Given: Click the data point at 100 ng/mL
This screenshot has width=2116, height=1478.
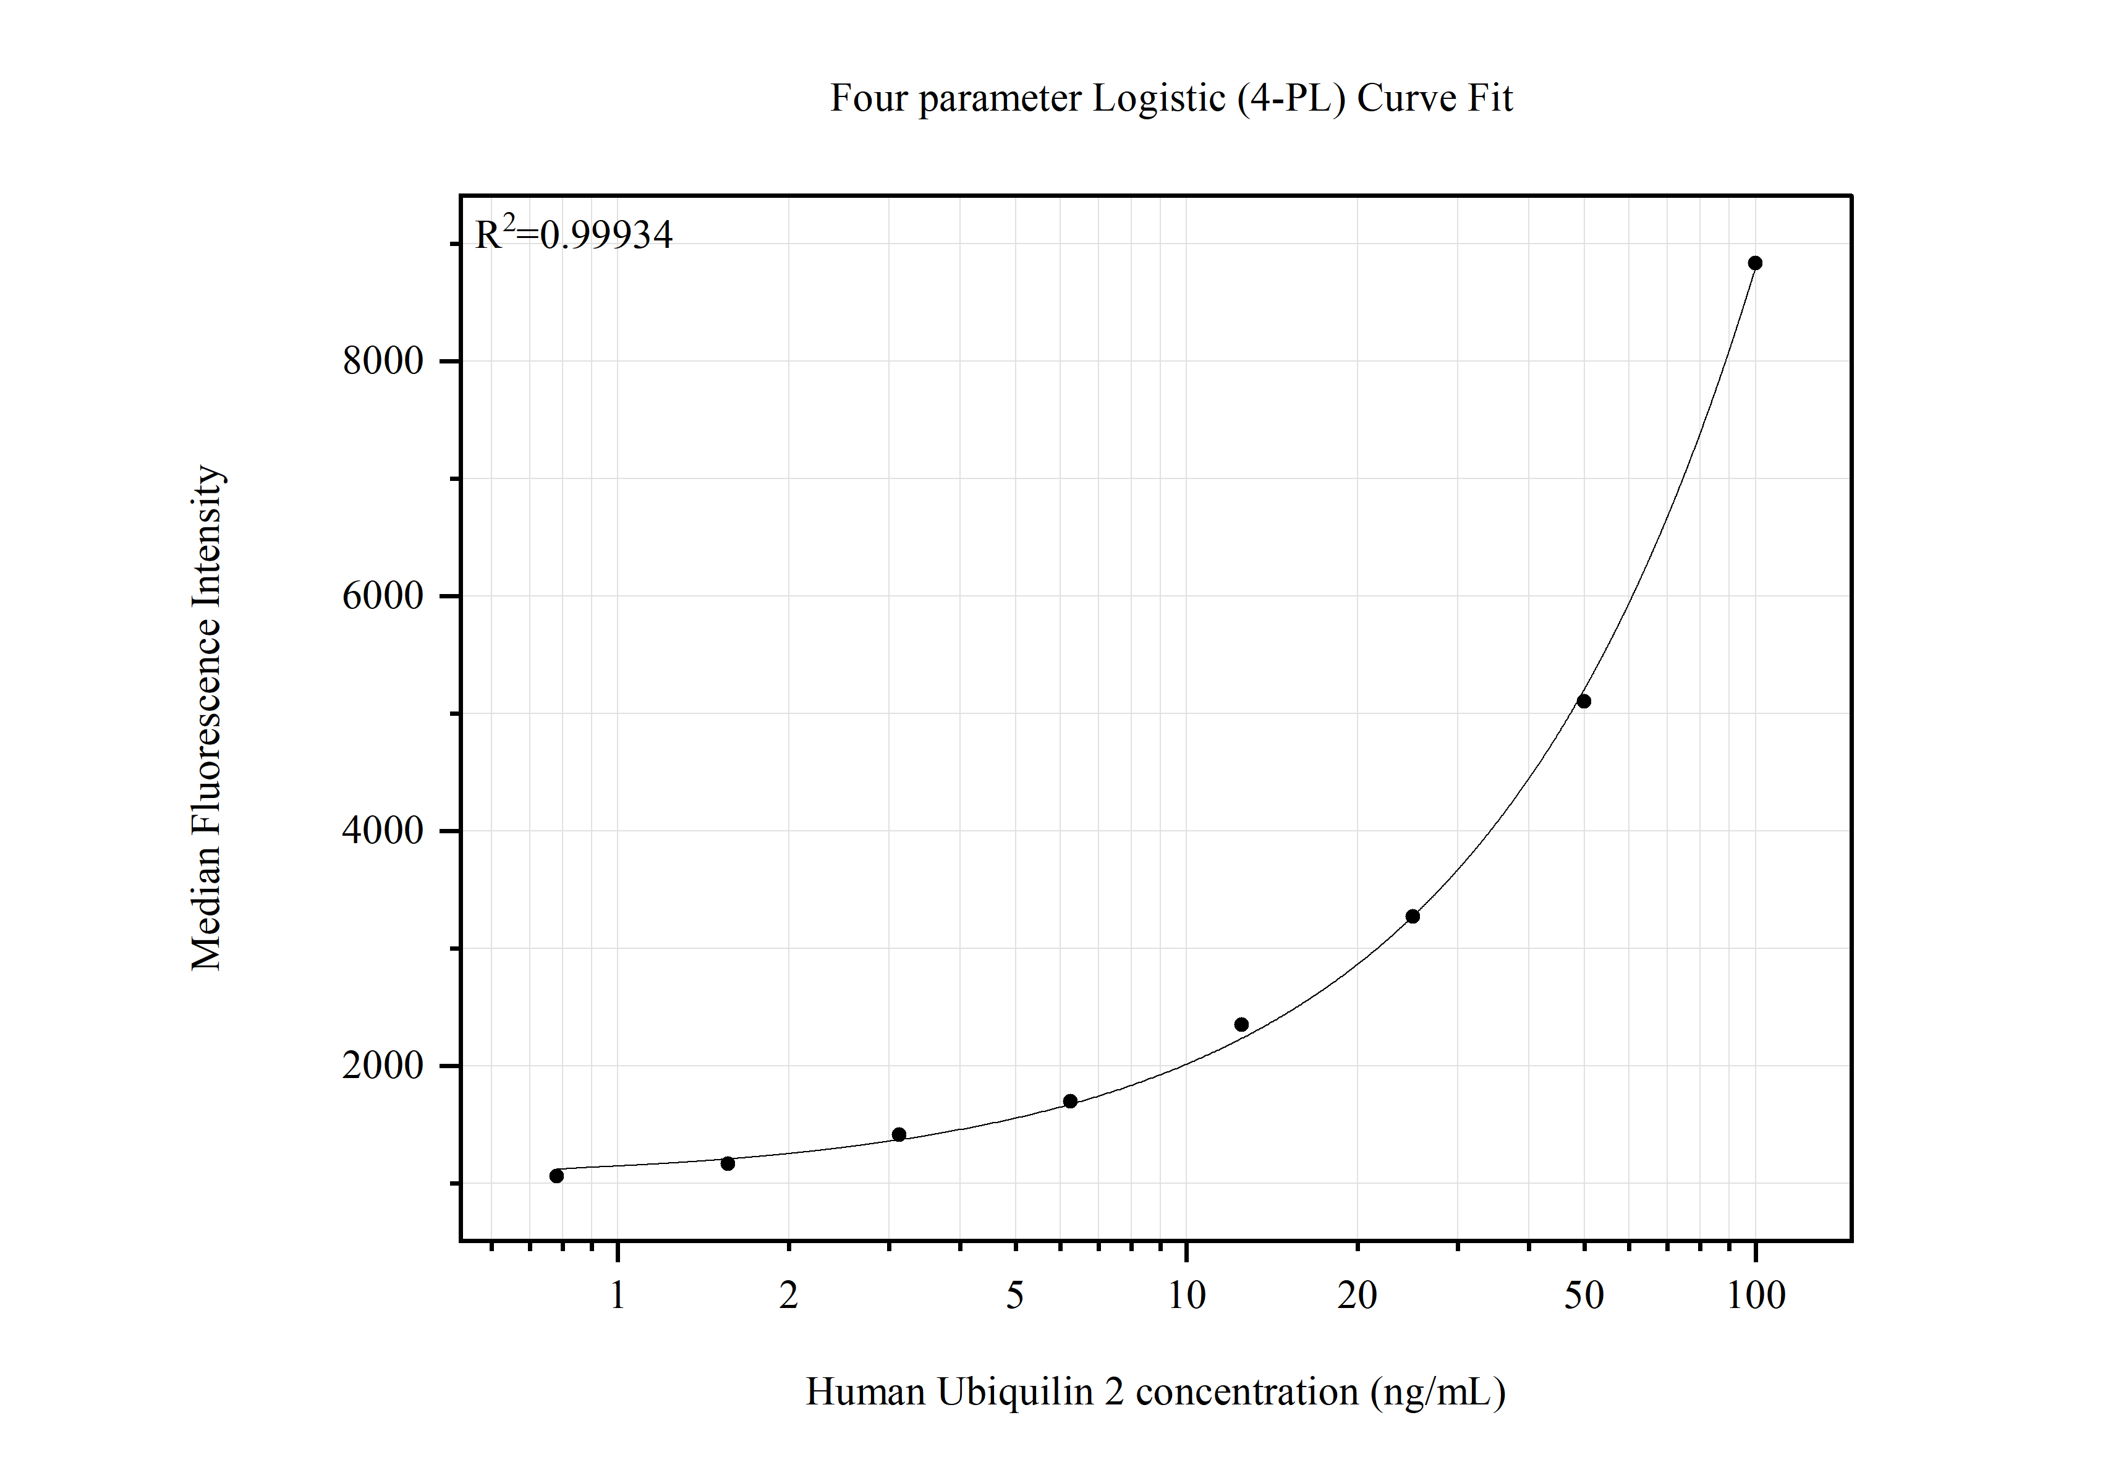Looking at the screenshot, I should click(x=1755, y=263).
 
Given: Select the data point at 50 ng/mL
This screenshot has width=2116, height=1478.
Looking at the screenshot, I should click(x=1583, y=701).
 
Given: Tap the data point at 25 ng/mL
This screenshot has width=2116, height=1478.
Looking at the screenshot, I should click(x=1412, y=916).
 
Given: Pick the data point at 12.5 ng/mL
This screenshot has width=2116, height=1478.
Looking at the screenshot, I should click(x=1241, y=1025).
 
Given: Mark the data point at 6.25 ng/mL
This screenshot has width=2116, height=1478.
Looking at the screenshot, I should click(x=1070, y=1101).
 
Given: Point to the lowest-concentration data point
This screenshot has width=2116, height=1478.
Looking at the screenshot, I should click(x=556, y=1176).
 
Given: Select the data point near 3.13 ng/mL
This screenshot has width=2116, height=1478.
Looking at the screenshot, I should click(x=899, y=1134).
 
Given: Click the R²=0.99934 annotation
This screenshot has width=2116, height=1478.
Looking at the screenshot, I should click(x=573, y=234).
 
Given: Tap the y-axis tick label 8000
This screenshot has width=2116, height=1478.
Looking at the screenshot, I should click(x=383, y=360).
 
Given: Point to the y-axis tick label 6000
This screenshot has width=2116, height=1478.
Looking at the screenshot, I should click(x=383, y=595).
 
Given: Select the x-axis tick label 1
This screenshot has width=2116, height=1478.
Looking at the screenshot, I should click(x=618, y=1296).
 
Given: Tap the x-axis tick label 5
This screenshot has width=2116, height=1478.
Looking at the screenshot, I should click(x=1014, y=1296).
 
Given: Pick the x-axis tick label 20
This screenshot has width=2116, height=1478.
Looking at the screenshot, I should click(x=1358, y=1296).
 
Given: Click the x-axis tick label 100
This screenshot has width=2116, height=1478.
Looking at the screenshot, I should click(x=1756, y=1296).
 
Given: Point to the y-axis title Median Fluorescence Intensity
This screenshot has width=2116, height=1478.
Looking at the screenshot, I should click(x=206, y=718).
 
